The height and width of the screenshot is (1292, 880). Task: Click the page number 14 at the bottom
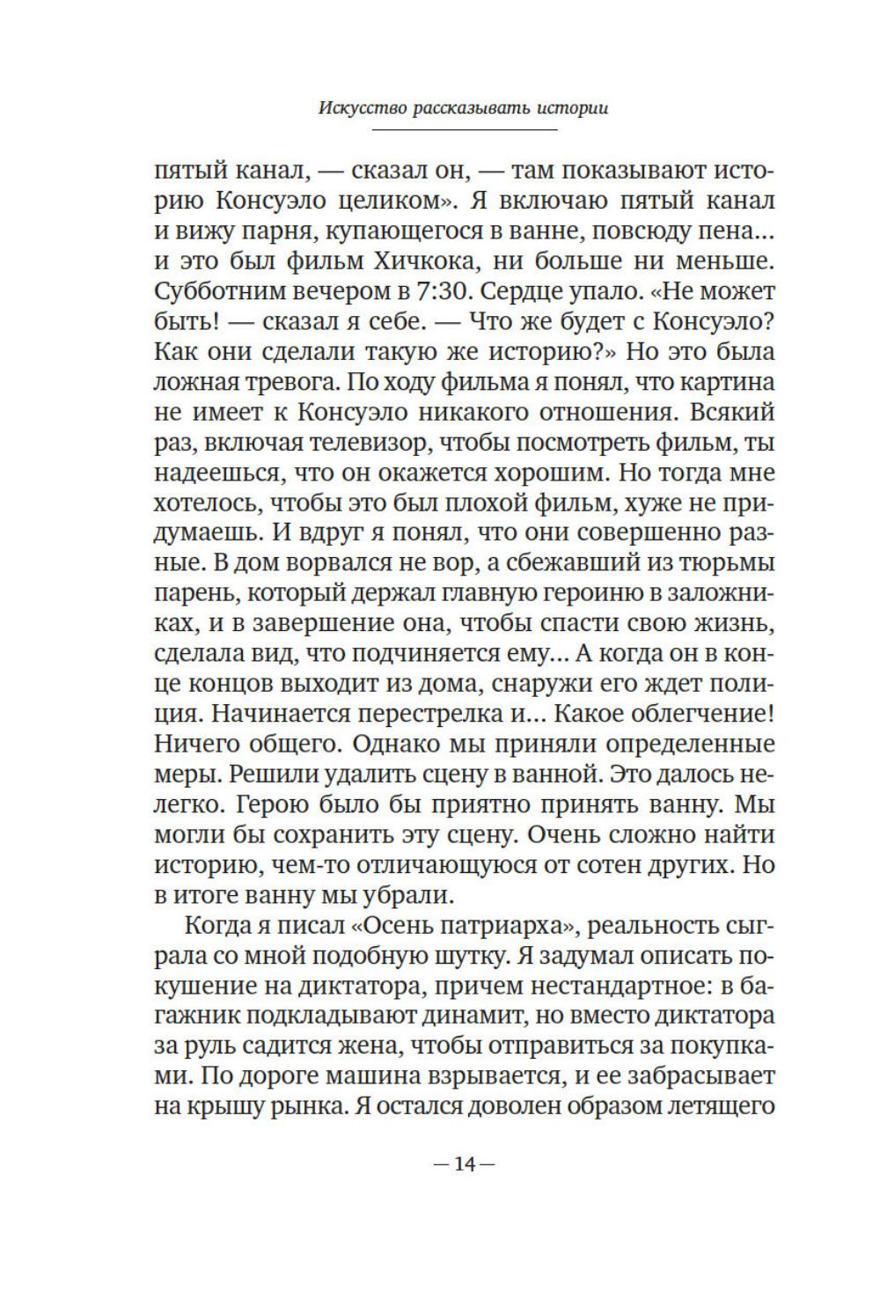[x=465, y=1164]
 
